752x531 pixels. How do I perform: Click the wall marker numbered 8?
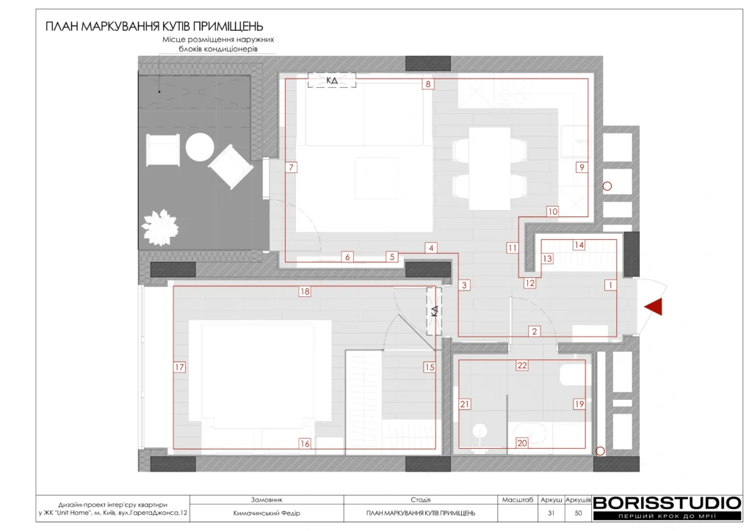pos(428,84)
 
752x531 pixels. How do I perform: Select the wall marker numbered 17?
pos(179,367)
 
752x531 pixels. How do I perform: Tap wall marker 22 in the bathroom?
pos(522,365)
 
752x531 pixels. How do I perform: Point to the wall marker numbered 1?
pos(610,285)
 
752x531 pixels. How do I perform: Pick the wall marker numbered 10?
pos(552,211)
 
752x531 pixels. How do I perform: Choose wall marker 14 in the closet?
pos(579,245)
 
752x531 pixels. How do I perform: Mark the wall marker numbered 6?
pos(347,257)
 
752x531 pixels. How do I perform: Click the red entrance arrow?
pos(654,307)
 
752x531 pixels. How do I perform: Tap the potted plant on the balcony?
pos(160,227)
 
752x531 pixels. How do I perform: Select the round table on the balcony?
pos(200,147)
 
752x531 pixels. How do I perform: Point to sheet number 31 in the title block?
pos(551,513)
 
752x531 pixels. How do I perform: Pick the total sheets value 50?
pos(578,513)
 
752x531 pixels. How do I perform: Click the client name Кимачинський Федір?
pos(267,513)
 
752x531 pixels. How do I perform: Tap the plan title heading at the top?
pos(154,26)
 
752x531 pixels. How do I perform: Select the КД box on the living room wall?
pos(332,81)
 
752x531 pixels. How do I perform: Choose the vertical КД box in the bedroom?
pos(435,311)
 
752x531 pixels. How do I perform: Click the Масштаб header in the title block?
pos(518,500)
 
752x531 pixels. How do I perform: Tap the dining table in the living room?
pos(489,169)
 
